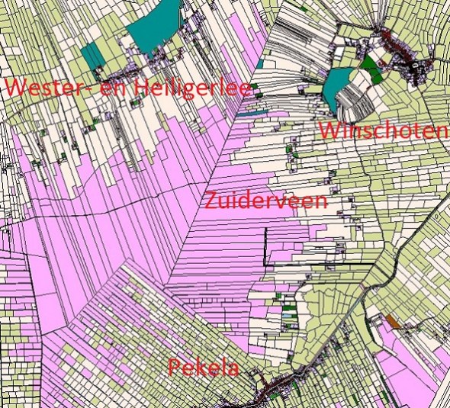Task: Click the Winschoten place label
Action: (382, 130)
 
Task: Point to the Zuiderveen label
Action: (265, 201)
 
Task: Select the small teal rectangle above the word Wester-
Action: (94, 55)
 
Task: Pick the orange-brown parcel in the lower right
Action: (393, 322)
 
